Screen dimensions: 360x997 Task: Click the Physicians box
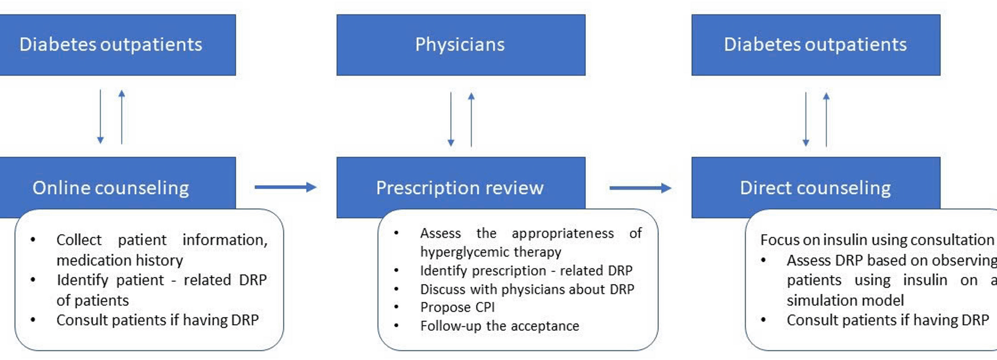coord(461,45)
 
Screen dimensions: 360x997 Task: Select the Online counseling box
coord(111,187)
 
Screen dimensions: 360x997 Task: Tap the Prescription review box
coord(460,187)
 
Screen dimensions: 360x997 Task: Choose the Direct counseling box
coord(815,187)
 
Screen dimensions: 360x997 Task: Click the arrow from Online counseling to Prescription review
coord(285,187)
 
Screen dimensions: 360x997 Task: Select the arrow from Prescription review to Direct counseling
coord(640,188)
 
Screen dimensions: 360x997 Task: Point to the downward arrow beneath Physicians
coord(451,119)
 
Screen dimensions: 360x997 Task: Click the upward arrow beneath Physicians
coord(471,119)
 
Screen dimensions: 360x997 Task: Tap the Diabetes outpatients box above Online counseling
coord(111,45)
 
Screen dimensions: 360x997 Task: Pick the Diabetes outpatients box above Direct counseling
coord(815,45)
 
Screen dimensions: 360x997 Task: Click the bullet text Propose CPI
coord(457,307)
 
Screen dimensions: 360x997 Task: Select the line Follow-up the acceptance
coord(500,326)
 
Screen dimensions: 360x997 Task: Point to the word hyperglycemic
coord(451,252)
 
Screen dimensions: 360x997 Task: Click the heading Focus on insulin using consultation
coord(877,239)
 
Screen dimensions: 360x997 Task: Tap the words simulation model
coord(845,300)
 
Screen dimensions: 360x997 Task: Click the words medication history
coord(119,260)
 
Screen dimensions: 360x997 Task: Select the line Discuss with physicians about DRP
coord(527,289)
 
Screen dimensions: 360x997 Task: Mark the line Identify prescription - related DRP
coord(526,270)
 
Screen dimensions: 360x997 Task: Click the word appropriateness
coord(562,233)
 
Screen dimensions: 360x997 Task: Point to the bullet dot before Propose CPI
coord(396,307)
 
